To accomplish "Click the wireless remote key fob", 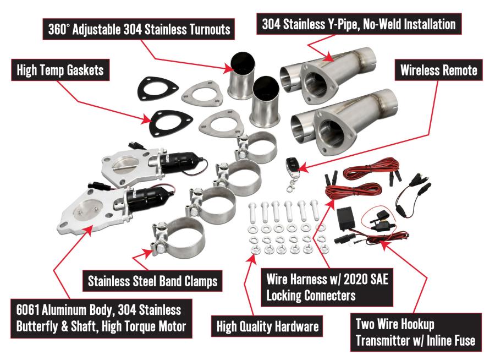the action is (291, 166).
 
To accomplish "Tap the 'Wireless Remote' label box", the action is (438, 70).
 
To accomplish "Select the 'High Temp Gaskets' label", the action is (61, 70).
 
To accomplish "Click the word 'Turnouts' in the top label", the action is (210, 29).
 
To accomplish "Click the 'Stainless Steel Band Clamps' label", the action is (152, 281).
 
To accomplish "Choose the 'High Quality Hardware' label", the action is (267, 326).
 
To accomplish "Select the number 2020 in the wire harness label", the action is (355, 279).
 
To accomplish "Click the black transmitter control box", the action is (346, 219).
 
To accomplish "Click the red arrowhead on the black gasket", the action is (147, 119).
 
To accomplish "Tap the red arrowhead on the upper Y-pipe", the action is (328, 57).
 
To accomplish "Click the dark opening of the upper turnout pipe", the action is (243, 63).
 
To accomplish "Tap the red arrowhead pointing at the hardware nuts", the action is (252, 257).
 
